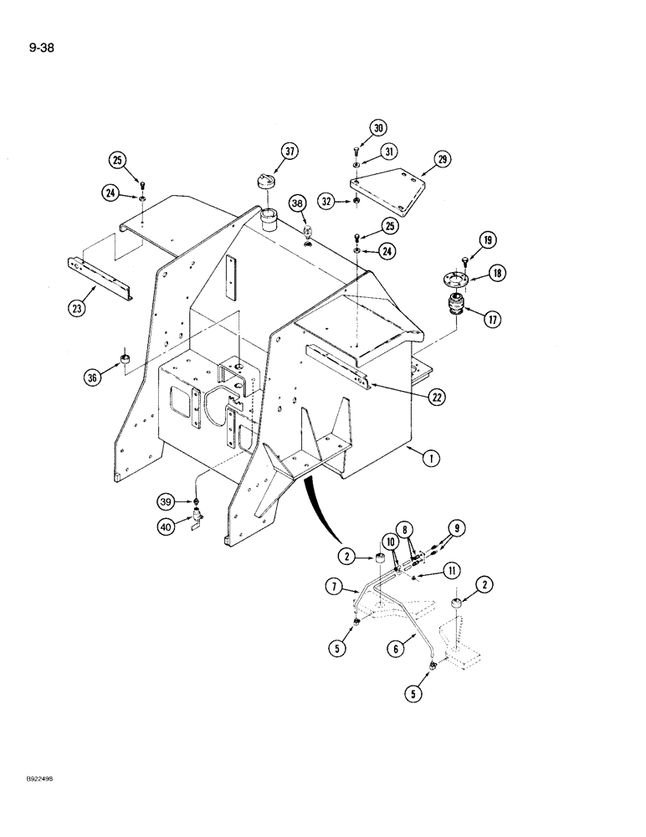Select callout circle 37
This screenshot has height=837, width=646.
(290, 151)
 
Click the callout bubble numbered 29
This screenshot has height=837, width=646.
(443, 159)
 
